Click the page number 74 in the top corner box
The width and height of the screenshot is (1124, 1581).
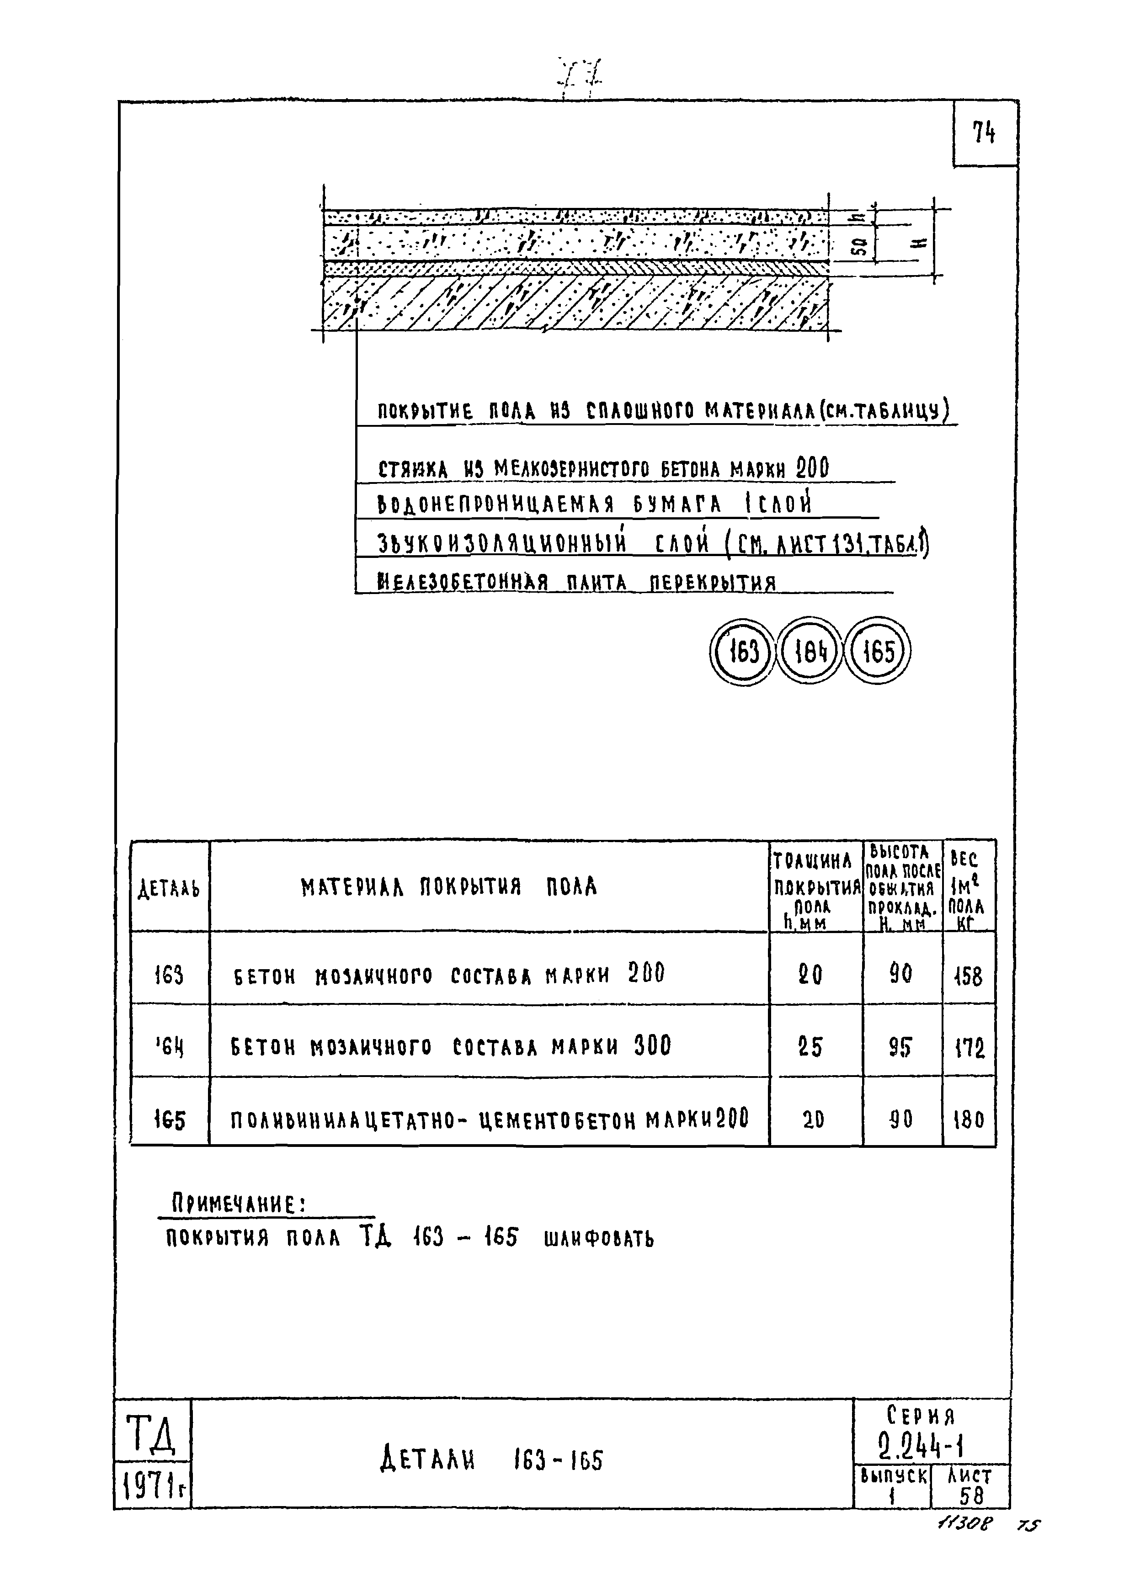tap(984, 132)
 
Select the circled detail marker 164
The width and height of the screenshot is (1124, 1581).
tap(809, 652)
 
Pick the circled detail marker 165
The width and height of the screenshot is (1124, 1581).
tap(878, 652)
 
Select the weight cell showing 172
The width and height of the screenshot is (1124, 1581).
tap(968, 1048)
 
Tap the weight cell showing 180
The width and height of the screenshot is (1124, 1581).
tap(968, 1119)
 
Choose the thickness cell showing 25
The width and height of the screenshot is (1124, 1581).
tap(810, 1047)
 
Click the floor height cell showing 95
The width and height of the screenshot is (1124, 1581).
tap(900, 1047)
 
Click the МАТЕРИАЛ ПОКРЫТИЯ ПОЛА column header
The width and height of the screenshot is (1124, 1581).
tap(448, 887)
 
